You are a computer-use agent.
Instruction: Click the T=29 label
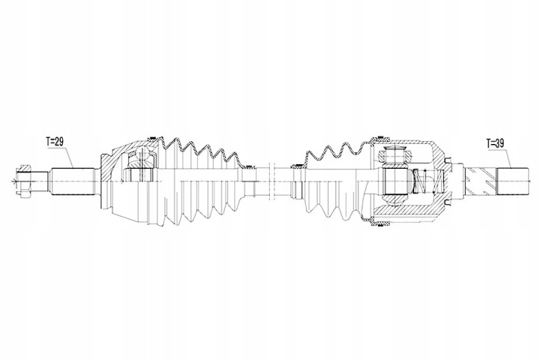[x=55, y=142]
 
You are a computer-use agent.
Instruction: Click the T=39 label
[x=495, y=143]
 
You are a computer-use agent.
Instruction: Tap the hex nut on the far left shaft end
[x=22, y=181]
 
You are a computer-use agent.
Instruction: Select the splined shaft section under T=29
[x=73, y=181]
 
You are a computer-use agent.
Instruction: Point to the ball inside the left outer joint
[x=143, y=152]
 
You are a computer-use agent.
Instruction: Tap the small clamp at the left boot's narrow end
[x=247, y=166]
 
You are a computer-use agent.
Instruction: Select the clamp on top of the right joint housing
[x=382, y=138]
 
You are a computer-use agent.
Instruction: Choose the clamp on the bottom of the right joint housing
[x=380, y=225]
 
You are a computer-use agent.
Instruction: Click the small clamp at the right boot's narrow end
[x=296, y=166]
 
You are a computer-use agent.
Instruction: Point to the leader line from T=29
[x=67, y=157]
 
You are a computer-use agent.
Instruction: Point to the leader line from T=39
[x=508, y=157]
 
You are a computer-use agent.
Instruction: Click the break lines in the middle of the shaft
[x=272, y=181]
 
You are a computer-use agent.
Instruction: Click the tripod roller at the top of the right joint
[x=394, y=154]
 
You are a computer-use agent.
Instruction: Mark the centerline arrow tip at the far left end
[x=12, y=181]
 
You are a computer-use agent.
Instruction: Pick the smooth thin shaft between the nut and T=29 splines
[x=42, y=181]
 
